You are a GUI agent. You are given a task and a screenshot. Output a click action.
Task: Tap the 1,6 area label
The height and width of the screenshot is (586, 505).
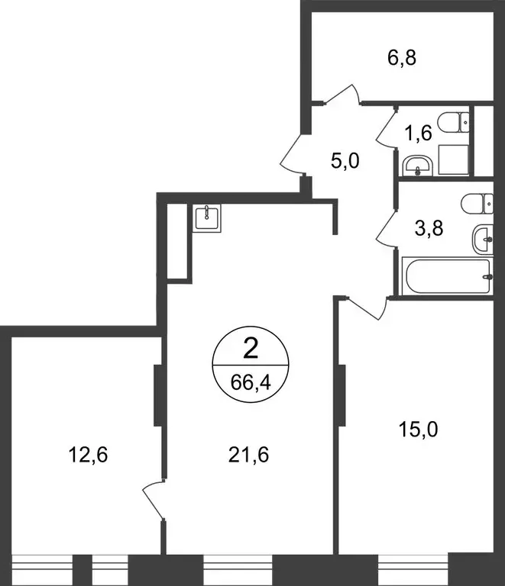click(x=419, y=133)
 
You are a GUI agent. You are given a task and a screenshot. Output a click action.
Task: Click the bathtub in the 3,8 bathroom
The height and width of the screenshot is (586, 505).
click(x=447, y=276)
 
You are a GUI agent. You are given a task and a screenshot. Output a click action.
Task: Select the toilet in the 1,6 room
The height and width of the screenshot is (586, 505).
click(x=459, y=121)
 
